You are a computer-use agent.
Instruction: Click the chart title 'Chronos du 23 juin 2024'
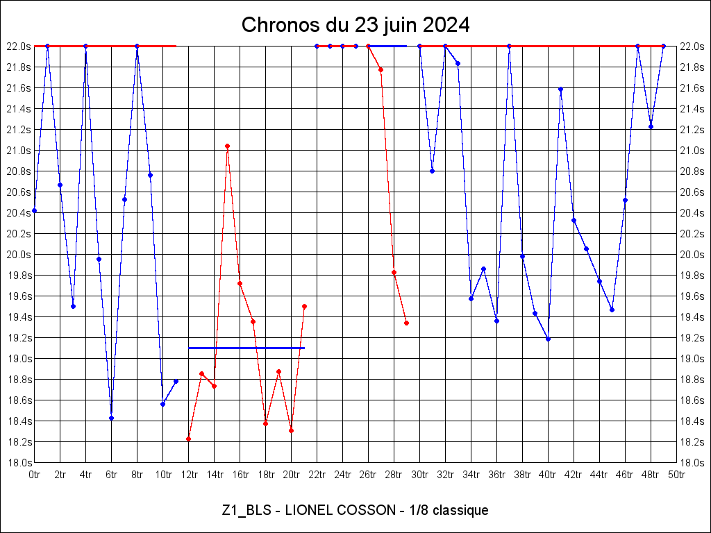(x=355, y=26)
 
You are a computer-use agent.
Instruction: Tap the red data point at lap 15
(x=227, y=146)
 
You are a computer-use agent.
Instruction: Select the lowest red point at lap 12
(x=188, y=439)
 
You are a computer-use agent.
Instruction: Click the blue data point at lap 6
(x=111, y=418)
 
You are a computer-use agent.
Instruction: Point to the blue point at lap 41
(x=560, y=89)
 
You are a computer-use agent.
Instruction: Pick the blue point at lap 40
(x=548, y=339)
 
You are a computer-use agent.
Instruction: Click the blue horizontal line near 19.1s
(x=246, y=348)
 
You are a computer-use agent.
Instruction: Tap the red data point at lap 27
(x=380, y=69)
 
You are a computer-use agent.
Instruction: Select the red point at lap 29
(x=406, y=323)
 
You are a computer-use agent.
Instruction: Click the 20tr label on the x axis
(x=292, y=475)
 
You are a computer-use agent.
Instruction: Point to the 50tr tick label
(x=676, y=475)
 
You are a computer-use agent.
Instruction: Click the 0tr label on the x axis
(x=35, y=475)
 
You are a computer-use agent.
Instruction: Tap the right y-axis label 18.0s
(x=692, y=463)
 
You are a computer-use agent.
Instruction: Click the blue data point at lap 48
(x=651, y=126)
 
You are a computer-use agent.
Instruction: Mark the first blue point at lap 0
(x=34, y=210)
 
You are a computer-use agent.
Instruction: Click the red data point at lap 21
(x=304, y=306)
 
